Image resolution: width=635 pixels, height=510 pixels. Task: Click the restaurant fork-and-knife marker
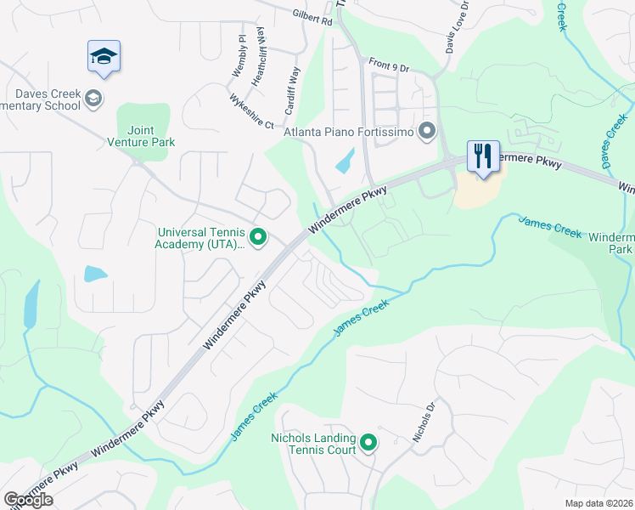point(483,156)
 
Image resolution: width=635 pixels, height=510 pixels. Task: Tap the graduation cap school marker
point(104,57)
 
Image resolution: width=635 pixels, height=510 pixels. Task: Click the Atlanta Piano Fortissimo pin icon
point(427,132)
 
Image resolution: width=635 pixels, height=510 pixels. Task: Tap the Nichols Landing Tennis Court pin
point(368,443)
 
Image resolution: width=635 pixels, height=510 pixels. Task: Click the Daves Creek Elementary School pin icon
point(93,99)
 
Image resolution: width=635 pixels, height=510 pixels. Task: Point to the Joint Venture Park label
point(140,136)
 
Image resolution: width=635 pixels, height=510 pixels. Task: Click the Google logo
point(28,499)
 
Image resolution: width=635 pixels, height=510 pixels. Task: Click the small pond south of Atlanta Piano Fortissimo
point(346,161)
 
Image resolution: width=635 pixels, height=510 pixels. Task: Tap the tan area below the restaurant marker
point(477,192)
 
